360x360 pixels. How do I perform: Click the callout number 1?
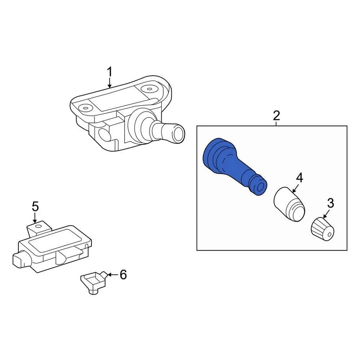pyautogui.click(x=109, y=71)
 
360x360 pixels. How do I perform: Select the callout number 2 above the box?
pyautogui.click(x=276, y=115)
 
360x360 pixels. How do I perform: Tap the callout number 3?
pyautogui.click(x=330, y=203)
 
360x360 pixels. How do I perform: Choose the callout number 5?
pyautogui.click(x=35, y=206)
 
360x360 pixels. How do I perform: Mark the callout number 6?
pyautogui.click(x=123, y=275)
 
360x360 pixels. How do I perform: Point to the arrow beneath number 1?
pyautogui.click(x=109, y=82)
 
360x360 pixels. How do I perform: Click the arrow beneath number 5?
pyautogui.click(x=35, y=217)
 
